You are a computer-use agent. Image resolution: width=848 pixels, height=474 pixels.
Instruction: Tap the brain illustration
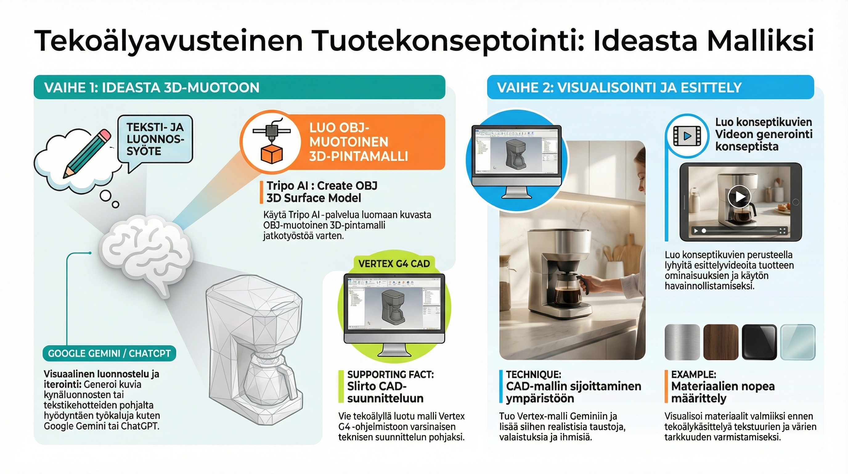click(145, 253)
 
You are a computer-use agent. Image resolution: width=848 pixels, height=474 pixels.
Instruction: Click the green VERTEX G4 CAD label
click(394, 264)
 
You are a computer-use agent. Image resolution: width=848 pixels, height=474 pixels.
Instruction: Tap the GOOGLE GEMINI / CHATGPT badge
click(109, 353)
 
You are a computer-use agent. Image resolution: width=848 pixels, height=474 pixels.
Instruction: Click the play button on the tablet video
click(739, 197)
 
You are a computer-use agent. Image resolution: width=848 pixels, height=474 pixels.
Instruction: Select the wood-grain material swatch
click(721, 342)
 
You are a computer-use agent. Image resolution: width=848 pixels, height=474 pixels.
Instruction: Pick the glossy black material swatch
click(760, 342)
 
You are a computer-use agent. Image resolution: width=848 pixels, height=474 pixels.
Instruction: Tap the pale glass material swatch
click(798, 342)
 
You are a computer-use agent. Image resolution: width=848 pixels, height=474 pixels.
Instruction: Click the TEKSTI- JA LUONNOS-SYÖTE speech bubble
click(155, 139)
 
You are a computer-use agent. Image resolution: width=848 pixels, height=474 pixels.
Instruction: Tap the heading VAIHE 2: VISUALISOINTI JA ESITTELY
click(619, 88)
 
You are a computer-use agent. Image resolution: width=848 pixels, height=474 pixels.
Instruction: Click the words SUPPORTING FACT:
click(390, 374)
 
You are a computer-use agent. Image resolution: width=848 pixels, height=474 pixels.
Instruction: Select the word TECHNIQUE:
click(533, 374)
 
